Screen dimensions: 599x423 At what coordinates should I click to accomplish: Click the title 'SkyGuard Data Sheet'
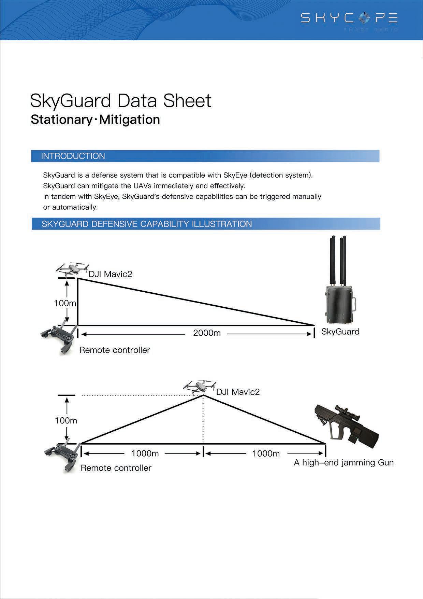pyautogui.click(x=121, y=101)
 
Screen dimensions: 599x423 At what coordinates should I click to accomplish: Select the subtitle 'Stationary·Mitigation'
pyautogui.click(x=95, y=120)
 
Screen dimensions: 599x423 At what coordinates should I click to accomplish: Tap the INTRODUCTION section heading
pyautogui.click(x=73, y=156)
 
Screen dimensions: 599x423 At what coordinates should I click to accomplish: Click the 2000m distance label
pyautogui.click(x=207, y=333)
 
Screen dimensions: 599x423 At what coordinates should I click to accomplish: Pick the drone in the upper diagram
pyautogui.click(x=73, y=269)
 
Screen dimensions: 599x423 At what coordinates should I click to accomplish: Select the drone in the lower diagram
pyautogui.click(x=200, y=387)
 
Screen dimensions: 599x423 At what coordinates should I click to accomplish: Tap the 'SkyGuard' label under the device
pyautogui.click(x=340, y=332)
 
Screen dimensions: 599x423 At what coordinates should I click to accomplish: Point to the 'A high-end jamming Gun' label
pyautogui.click(x=344, y=463)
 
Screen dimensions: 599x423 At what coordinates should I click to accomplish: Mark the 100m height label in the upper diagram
pyautogui.click(x=65, y=303)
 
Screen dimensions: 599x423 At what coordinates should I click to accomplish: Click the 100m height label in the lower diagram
pyautogui.click(x=66, y=421)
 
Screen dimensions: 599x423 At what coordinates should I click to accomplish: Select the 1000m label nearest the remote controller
pyautogui.click(x=145, y=454)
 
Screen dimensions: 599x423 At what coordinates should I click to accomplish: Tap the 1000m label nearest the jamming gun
pyautogui.click(x=266, y=454)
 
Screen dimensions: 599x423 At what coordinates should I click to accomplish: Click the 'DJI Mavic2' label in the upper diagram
pyautogui.click(x=110, y=274)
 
